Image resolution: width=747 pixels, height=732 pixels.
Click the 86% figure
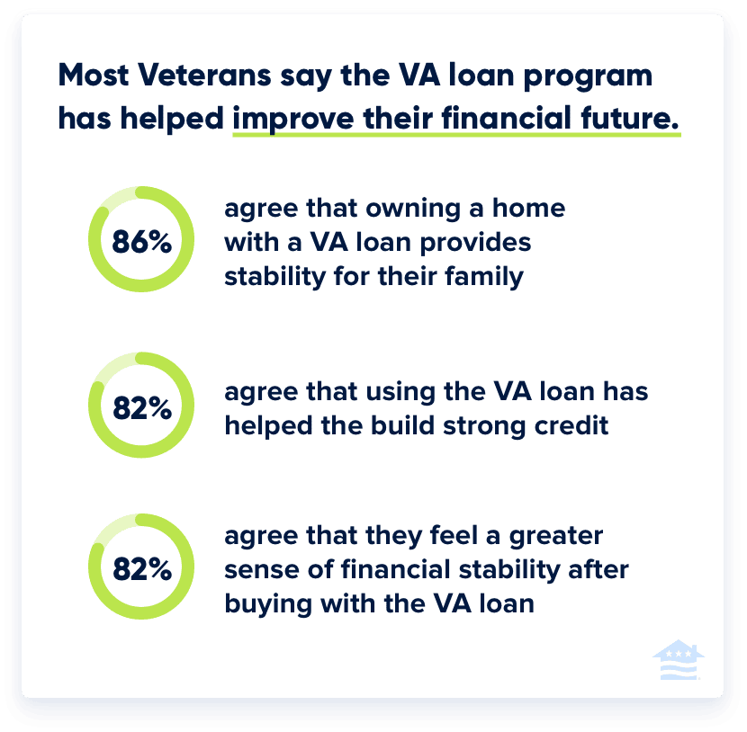click(141, 241)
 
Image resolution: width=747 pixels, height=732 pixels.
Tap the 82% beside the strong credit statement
click(141, 407)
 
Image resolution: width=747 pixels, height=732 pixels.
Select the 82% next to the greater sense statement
click(141, 570)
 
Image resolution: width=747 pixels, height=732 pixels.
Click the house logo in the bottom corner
click(678, 661)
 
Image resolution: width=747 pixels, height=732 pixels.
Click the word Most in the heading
click(91, 76)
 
